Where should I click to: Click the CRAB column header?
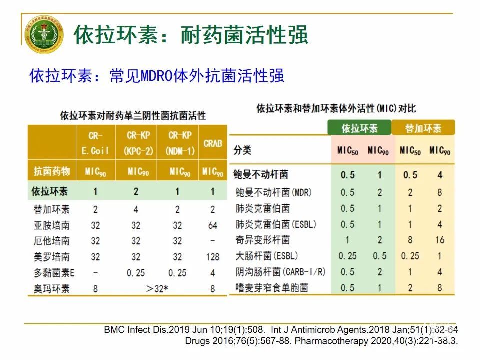click(213, 143)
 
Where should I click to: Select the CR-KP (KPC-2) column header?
click(136, 143)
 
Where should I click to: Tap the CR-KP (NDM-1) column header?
click(177, 143)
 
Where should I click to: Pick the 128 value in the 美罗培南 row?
click(212, 257)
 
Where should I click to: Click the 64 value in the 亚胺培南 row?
click(213, 225)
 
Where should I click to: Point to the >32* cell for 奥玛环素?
click(157, 289)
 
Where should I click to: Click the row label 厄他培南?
click(50, 241)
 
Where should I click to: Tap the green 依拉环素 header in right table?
click(360, 128)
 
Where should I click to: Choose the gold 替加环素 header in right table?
click(423, 128)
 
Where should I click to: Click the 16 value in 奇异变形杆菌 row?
click(439, 240)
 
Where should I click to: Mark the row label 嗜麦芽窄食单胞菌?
click(272, 288)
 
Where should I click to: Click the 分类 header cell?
click(243, 150)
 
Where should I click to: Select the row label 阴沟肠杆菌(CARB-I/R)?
click(280, 272)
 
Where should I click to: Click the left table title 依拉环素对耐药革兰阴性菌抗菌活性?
click(133, 116)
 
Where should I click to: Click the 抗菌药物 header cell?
click(50, 172)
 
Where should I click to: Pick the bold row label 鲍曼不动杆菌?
click(260, 175)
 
